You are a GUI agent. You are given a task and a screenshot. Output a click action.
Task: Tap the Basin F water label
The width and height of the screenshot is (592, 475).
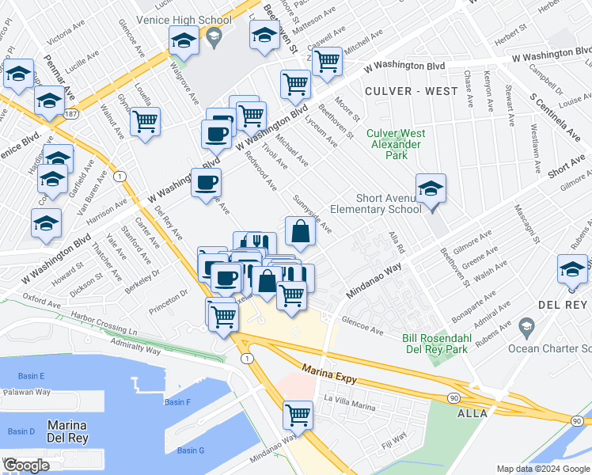pyautogui.click(x=178, y=402)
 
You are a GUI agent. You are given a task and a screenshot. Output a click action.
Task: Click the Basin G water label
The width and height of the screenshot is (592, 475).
pyautogui.click(x=191, y=450)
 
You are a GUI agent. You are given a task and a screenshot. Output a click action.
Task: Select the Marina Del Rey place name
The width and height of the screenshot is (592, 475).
pyautogui.click(x=66, y=431)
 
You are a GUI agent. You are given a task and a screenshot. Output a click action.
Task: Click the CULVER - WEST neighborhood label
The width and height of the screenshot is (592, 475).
pyautogui.click(x=412, y=91)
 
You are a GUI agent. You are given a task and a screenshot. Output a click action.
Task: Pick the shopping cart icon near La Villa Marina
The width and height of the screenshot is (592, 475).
pyautogui.click(x=298, y=414)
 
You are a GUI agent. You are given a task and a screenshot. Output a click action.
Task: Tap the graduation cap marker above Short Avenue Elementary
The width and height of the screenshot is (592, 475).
pyautogui.click(x=431, y=188)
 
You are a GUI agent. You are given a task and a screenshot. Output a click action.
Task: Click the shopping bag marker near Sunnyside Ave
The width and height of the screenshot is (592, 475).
pyautogui.click(x=301, y=232)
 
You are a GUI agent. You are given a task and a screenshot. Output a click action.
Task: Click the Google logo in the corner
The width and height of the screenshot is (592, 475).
pyautogui.click(x=26, y=465)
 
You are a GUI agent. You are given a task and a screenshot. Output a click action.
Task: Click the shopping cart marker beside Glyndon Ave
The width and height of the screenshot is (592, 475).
pyautogui.click(x=146, y=122)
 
